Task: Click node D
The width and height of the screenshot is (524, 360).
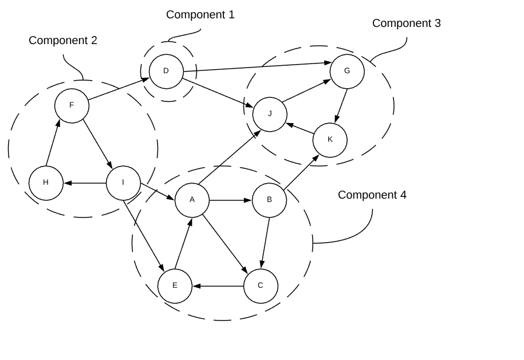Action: point(166,72)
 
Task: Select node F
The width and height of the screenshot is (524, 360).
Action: point(72,105)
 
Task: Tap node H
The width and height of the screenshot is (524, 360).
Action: point(46,183)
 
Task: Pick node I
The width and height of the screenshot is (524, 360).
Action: point(123,183)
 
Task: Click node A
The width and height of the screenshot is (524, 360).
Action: point(192,200)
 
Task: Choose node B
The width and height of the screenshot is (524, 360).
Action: point(269,200)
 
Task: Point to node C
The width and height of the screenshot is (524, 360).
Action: point(261,286)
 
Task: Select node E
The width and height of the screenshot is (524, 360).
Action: point(175,286)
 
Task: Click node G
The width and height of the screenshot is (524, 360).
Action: point(347,72)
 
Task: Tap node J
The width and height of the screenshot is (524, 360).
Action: point(270,114)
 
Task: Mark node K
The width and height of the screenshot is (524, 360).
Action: point(330,140)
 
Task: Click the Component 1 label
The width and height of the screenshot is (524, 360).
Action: point(200,15)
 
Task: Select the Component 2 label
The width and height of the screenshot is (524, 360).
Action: point(63,41)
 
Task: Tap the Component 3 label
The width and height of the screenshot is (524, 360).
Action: point(406,23)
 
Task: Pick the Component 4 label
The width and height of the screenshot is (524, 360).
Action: point(372,195)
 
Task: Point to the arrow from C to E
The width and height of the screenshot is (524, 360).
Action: point(218,286)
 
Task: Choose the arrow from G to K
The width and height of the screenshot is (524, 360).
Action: point(341,105)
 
